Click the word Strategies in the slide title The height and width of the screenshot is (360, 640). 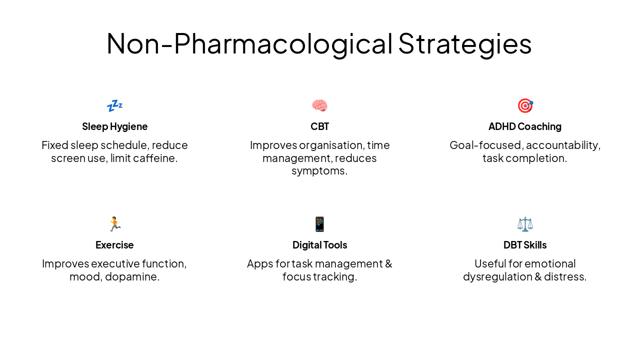[x=464, y=43]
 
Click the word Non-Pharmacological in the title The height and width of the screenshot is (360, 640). [x=249, y=43]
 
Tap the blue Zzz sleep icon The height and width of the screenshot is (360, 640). [x=114, y=105]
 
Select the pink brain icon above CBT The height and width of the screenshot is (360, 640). [x=319, y=105]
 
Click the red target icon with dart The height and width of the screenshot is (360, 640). [x=525, y=105]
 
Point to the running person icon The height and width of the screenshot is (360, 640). [x=114, y=224]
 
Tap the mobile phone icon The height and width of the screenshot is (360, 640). [x=319, y=224]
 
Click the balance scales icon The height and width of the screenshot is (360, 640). [x=525, y=224]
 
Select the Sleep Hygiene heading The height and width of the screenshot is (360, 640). [x=114, y=126]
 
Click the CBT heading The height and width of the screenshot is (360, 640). [x=319, y=126]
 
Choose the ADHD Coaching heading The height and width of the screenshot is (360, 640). [x=525, y=126]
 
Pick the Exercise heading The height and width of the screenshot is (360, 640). [x=114, y=245]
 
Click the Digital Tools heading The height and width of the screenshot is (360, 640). [x=319, y=245]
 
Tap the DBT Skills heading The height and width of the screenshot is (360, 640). [x=525, y=245]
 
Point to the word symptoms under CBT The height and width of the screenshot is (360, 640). [x=318, y=171]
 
